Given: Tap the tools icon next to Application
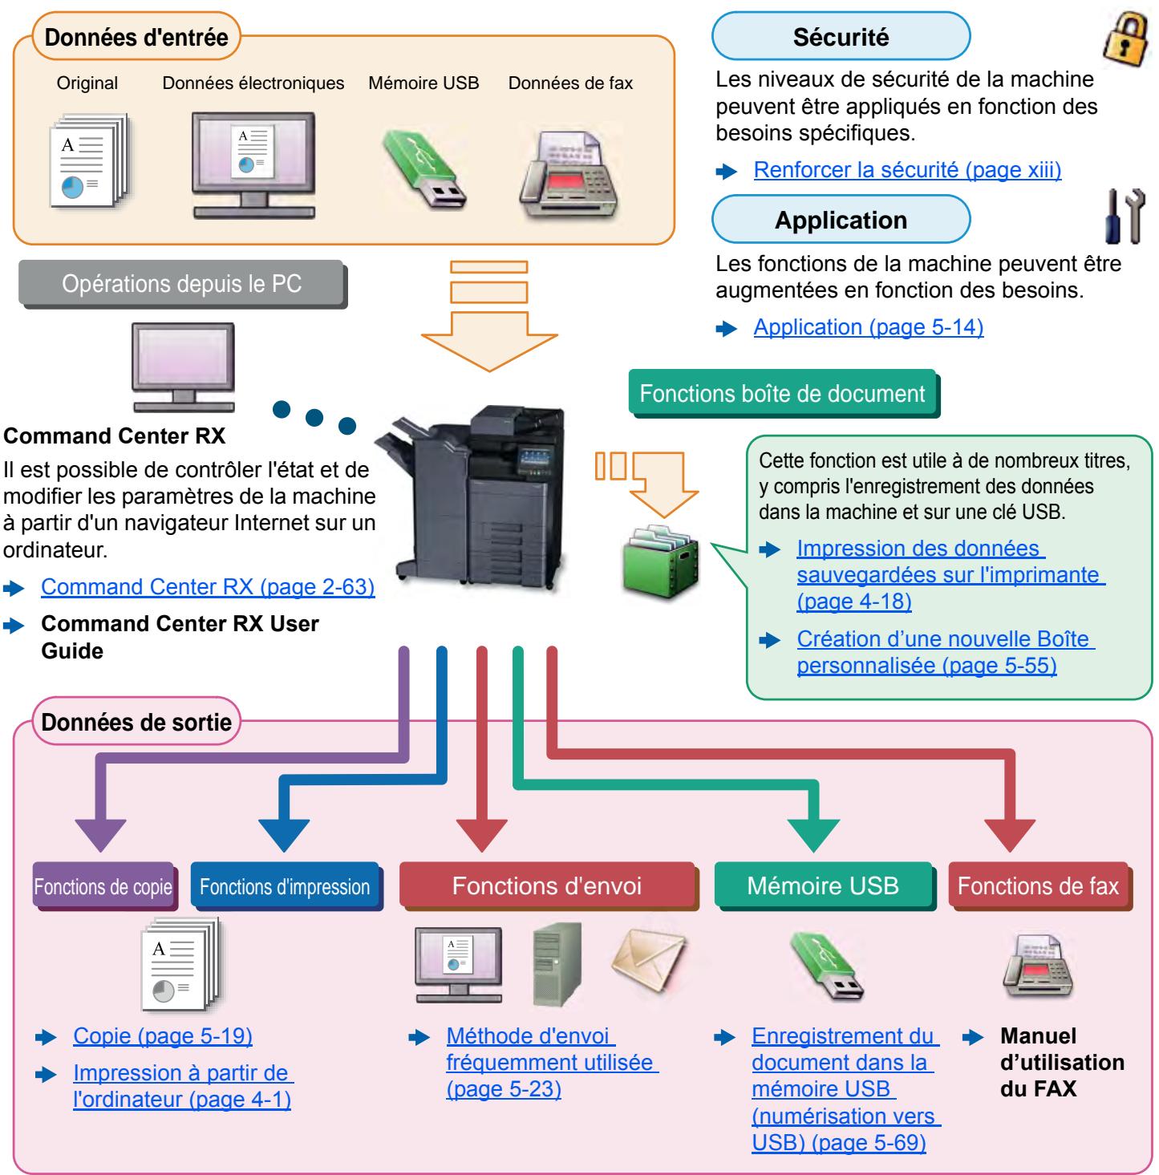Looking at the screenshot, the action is pyautogui.click(x=1125, y=216).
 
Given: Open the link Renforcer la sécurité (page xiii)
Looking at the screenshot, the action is pyautogui.click(x=907, y=170).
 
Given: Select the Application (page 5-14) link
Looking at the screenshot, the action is pyautogui.click(x=868, y=327).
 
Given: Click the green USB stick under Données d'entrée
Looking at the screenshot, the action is pyautogui.click(x=423, y=170).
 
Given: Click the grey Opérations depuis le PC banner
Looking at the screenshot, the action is pyautogui.click(x=182, y=284).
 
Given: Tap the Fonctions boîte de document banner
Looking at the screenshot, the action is pyautogui.click(x=784, y=393).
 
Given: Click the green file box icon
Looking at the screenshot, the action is pyautogui.click(x=660, y=561).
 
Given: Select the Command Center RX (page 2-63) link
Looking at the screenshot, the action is pyautogui.click(x=208, y=586).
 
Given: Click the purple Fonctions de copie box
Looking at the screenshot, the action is pyautogui.click(x=103, y=886).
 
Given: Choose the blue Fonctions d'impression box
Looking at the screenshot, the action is pyautogui.click(x=286, y=886).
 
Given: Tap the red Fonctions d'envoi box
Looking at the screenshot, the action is pyautogui.click(x=548, y=886).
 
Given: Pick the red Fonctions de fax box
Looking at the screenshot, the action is pyautogui.click(x=1039, y=886).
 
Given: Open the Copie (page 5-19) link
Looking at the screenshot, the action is pyautogui.click(x=162, y=1036).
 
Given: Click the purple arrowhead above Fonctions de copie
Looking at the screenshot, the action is pyautogui.click(x=100, y=835).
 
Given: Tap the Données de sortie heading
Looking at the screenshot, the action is pyautogui.click(x=136, y=723).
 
